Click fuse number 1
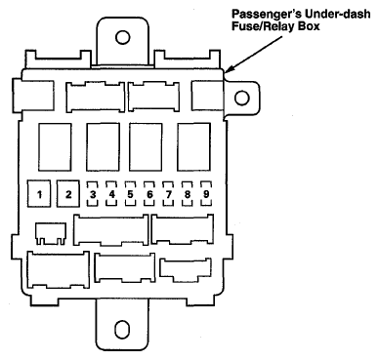[40, 193]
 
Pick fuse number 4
[112, 193]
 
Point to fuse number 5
[130, 193]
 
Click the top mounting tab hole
[122, 38]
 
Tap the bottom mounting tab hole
[122, 328]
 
